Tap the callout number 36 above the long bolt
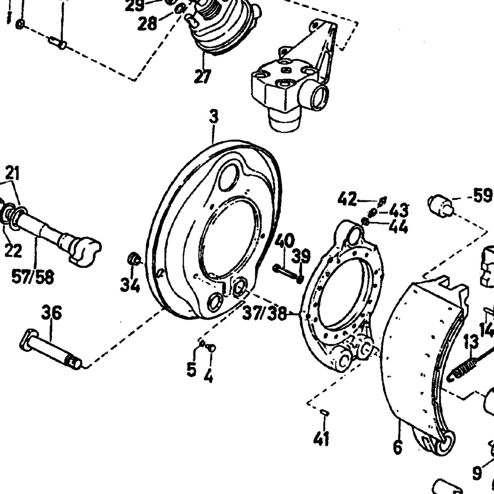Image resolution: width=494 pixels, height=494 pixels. pyautogui.click(x=52, y=312)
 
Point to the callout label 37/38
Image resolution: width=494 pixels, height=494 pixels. pyautogui.click(x=264, y=313)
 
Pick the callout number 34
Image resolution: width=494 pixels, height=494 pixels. pyautogui.click(x=130, y=285)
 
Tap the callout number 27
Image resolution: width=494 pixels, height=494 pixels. pyautogui.click(x=203, y=76)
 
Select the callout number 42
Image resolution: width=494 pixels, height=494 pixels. pyautogui.click(x=347, y=199)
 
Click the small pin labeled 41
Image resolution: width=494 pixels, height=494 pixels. pyautogui.click(x=325, y=413)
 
